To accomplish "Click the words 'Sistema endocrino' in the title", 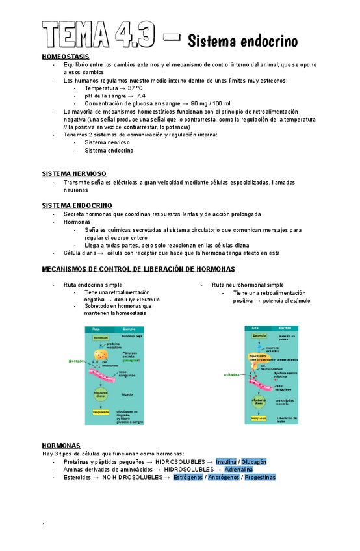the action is (242, 42).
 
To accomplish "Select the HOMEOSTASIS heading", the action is (61, 57).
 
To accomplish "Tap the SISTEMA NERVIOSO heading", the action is (73, 174).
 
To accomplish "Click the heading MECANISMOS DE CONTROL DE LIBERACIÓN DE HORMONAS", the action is (138, 269).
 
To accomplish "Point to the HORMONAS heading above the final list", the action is (61, 446).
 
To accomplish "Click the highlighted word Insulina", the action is (226, 461).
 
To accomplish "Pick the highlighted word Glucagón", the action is (254, 461).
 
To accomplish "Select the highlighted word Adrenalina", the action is (238, 469).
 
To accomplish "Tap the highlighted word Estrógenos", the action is (188, 477).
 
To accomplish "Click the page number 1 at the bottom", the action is (44, 525).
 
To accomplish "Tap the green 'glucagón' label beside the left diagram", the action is (77, 361).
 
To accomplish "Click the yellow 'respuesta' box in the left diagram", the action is (100, 412).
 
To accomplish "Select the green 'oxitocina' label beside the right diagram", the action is (233, 374).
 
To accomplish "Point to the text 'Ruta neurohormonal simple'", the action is (248, 285).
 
